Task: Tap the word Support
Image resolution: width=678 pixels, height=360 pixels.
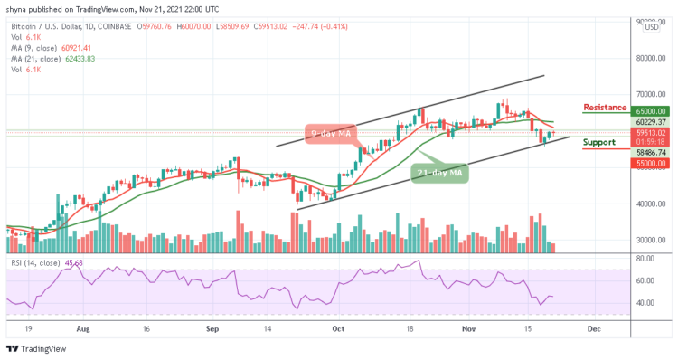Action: pyautogui.click(x=598, y=143)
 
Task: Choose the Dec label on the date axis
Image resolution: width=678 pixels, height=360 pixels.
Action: pyautogui.click(x=593, y=330)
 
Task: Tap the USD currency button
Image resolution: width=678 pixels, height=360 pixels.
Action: pyautogui.click(x=651, y=27)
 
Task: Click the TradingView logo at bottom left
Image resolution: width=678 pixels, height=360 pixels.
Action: pyautogui.click(x=37, y=348)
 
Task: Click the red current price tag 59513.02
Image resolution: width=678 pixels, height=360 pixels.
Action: pyautogui.click(x=651, y=131)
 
